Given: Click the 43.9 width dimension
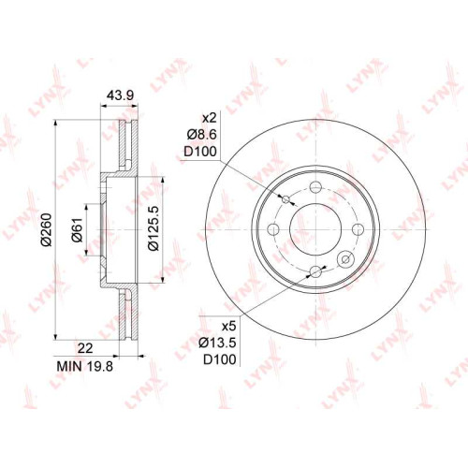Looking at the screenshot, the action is (x=120, y=95).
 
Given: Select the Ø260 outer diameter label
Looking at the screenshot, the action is (x=47, y=229).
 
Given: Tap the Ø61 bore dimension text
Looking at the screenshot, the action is (x=77, y=229).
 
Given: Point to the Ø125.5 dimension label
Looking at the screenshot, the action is (x=153, y=228).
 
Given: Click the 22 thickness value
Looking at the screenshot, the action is (x=85, y=348).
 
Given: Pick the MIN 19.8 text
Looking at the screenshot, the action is (x=84, y=366).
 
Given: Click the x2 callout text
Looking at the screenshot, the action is (x=209, y=118).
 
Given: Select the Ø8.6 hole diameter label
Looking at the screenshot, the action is (x=201, y=135).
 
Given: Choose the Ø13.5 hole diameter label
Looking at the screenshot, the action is (x=217, y=343).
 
